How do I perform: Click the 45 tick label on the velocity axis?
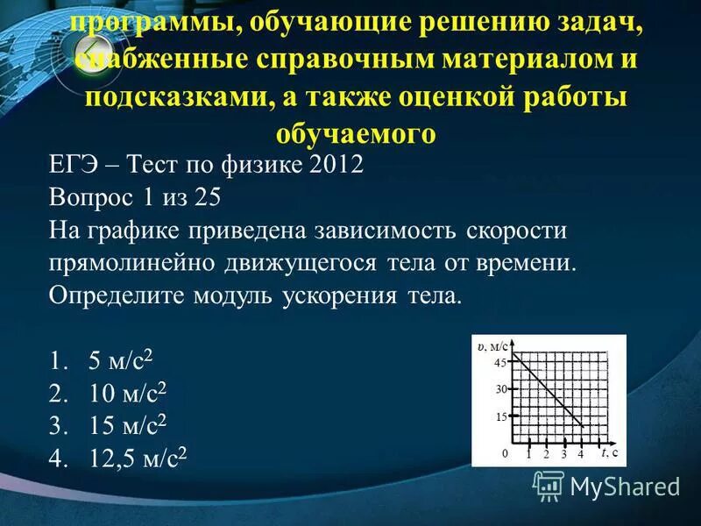click(x=500, y=363)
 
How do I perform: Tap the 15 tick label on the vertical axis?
click(x=500, y=417)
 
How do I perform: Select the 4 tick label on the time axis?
click(x=580, y=454)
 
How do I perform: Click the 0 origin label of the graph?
click(x=505, y=454)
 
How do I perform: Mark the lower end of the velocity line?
click(x=583, y=426)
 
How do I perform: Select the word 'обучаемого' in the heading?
click(x=356, y=133)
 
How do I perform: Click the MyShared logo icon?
click(x=549, y=484)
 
